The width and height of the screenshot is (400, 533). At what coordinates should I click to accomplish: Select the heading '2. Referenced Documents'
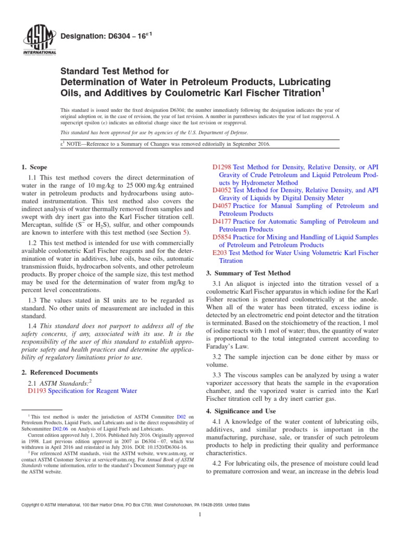pyautogui.click(x=60, y=373)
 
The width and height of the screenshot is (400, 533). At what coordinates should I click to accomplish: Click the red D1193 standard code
pyautogui.click(x=36, y=390)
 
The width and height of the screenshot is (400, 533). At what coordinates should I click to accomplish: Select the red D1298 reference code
pyautogui.click(x=222, y=167)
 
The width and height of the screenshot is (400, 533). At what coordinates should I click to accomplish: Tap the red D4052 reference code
pyautogui.click(x=222, y=191)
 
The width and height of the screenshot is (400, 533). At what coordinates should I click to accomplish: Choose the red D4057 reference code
pyautogui.click(x=222, y=206)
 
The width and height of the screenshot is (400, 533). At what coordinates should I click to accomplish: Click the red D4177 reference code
pyautogui.click(x=222, y=222)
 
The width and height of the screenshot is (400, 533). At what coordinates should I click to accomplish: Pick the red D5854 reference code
pyautogui.click(x=222, y=237)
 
